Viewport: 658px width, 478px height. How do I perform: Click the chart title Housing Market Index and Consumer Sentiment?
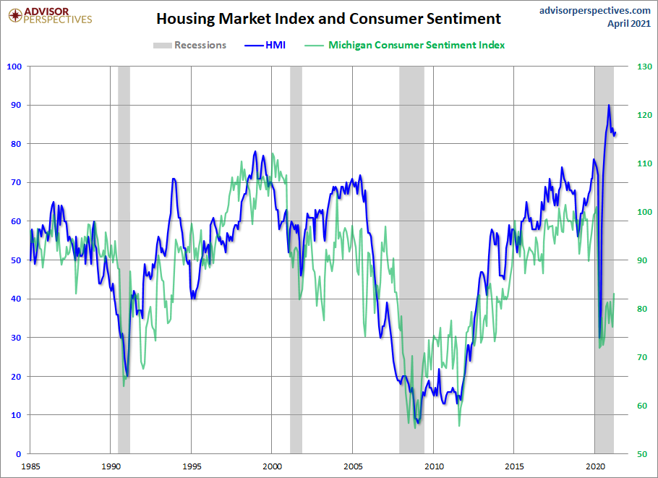tap(328, 18)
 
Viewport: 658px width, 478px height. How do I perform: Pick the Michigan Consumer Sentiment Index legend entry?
tap(416, 45)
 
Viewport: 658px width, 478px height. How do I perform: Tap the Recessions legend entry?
tap(200, 45)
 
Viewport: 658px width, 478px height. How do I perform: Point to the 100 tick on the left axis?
tap(14, 67)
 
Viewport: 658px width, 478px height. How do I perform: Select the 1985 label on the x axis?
tap(30, 466)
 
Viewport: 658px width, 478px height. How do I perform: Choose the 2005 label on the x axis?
tap(353, 466)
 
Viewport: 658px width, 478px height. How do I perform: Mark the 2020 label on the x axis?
tap(595, 466)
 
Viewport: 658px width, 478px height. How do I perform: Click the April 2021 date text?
tap(628, 23)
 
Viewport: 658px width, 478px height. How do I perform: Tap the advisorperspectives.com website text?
tap(595, 10)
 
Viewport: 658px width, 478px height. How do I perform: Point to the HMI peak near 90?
tap(609, 106)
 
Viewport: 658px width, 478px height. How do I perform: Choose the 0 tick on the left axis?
tap(19, 453)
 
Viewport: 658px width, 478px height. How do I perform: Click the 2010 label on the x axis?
tap(434, 466)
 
